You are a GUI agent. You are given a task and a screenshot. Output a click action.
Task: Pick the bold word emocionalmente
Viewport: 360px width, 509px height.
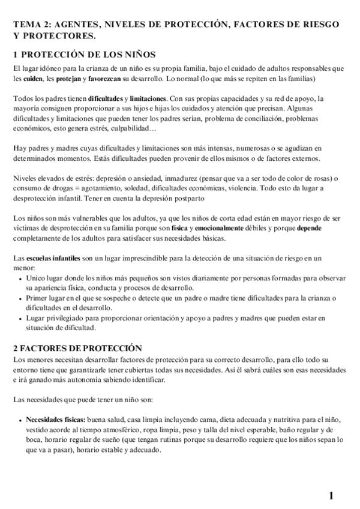tap(221, 229)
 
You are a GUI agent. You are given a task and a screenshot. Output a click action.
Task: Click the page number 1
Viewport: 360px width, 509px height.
tap(331, 495)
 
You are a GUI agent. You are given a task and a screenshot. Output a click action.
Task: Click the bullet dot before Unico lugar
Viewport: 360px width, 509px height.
tap(20, 279)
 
